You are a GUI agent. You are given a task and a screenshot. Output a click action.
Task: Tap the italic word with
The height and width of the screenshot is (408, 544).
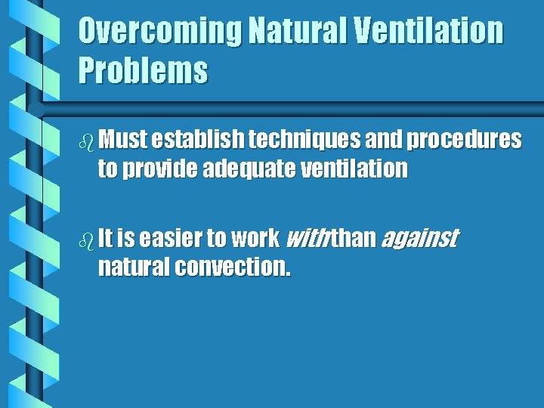(304, 239)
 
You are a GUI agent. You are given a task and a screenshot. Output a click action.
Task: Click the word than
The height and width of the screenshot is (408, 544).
(354, 239)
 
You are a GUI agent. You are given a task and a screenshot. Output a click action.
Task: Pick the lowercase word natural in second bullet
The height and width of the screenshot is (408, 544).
(134, 267)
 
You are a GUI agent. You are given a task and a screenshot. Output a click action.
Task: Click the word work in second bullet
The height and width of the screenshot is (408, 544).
(255, 239)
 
